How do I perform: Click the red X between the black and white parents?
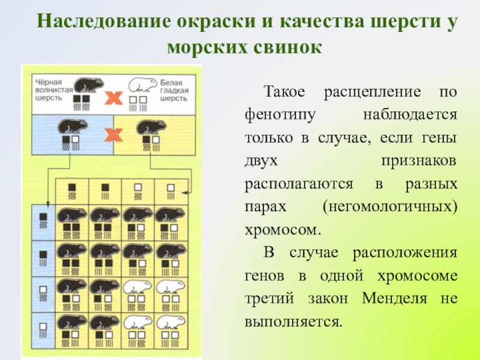coord(112,98)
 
